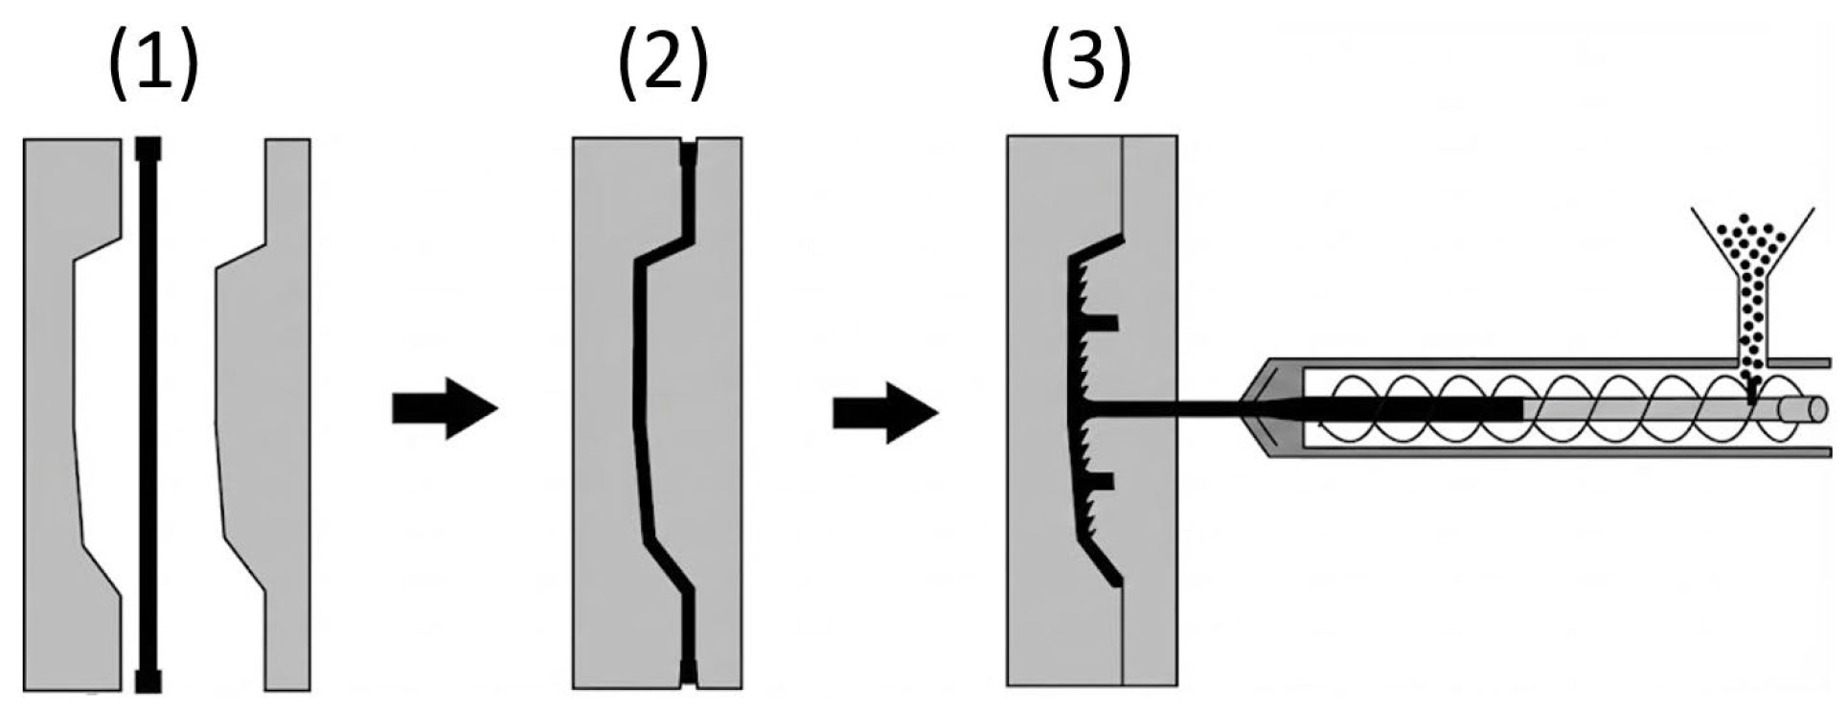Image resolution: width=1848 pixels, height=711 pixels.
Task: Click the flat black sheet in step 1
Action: coord(148,412)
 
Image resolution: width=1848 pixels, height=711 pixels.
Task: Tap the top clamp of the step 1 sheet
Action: coord(148,149)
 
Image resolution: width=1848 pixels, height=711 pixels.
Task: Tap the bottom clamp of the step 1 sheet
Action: coord(148,680)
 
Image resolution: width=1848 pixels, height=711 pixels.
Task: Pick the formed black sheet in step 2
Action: coord(639,412)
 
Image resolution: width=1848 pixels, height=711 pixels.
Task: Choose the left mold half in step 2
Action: coord(604,412)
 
